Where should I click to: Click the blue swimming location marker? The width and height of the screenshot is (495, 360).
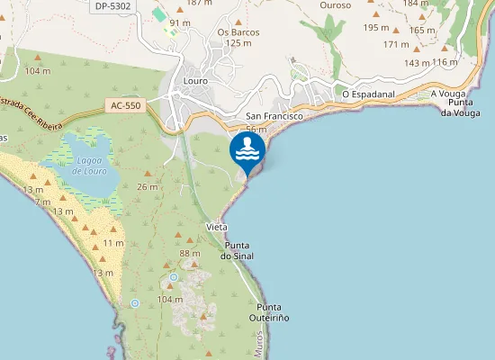tap(247, 151)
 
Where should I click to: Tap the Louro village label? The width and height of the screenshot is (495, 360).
tap(194, 81)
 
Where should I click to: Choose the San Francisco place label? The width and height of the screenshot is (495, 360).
tap(274, 117)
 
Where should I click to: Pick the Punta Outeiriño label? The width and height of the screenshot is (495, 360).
tap(269, 311)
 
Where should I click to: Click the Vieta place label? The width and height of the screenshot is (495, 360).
tap(216, 226)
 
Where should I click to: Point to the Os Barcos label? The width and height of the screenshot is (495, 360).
tap(238, 32)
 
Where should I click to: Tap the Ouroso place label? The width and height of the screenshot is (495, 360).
tap(336, 4)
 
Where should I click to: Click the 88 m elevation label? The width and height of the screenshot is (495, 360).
tap(190, 254)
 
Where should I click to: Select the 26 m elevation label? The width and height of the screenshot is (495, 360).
tap(147, 186)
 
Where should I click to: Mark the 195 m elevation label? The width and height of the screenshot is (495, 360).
tap(375, 28)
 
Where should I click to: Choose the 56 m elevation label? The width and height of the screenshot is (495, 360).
tap(256, 130)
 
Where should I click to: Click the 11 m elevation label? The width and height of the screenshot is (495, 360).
tap(113, 243)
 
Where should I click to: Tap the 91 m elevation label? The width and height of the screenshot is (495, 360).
tap(180, 22)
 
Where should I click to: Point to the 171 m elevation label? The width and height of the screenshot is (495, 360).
tap(396, 44)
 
